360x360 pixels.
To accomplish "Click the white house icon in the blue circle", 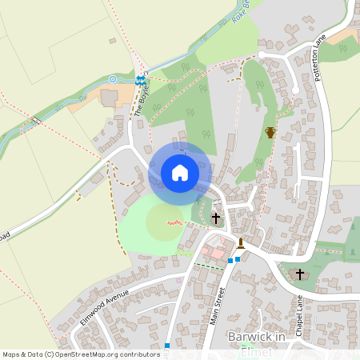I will tap(180, 172).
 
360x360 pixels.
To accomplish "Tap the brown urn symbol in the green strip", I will tap(270, 132).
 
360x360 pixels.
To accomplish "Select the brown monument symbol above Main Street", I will tap(241, 242).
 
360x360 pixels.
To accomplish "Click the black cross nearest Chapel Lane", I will tap(300, 274).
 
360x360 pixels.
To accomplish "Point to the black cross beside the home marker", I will tap(215, 217).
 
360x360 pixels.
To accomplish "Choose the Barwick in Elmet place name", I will tap(256, 338).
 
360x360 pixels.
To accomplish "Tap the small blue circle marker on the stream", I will tap(113, 78).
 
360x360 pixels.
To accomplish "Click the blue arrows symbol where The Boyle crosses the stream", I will tap(140, 80).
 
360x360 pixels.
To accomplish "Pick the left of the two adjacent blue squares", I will tap(230, 261).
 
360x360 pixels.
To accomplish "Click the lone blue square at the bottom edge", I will tap(166, 346).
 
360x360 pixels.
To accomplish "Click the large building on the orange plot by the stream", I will tap(109, 97).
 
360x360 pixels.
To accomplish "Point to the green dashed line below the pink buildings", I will tap(210, 266).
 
